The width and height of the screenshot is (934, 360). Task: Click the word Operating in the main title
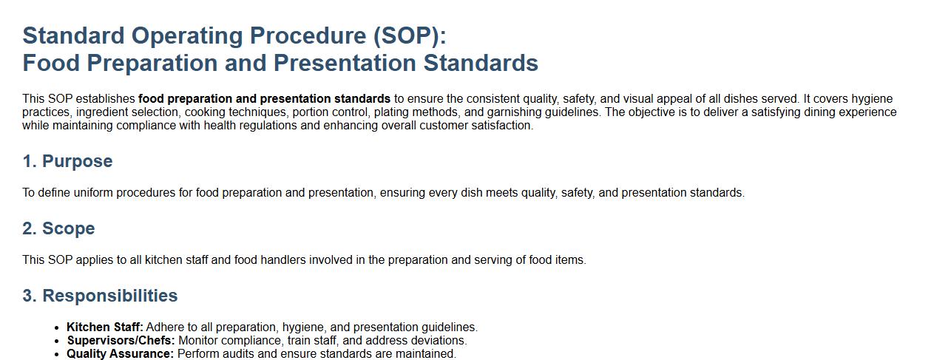pyautogui.click(x=187, y=36)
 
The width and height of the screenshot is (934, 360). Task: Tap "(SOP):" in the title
pyautogui.click(x=410, y=36)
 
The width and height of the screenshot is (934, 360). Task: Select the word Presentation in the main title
pyautogui.click(x=345, y=64)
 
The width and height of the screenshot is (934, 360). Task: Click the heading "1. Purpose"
pyautogui.click(x=67, y=161)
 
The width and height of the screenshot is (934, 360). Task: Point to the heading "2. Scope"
pyautogui.click(x=59, y=228)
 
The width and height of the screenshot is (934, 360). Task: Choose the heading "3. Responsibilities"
pyautogui.click(x=100, y=296)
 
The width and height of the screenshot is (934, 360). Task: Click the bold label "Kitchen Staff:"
pyautogui.click(x=105, y=327)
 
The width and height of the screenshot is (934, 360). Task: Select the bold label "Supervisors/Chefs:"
pyautogui.click(x=121, y=341)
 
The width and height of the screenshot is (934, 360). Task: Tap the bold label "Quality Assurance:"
pyautogui.click(x=121, y=354)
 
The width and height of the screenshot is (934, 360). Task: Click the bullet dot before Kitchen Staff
pyautogui.click(x=57, y=328)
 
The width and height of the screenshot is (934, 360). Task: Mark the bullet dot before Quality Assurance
pyautogui.click(x=57, y=355)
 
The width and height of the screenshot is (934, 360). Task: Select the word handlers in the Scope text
pyautogui.click(x=283, y=260)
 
